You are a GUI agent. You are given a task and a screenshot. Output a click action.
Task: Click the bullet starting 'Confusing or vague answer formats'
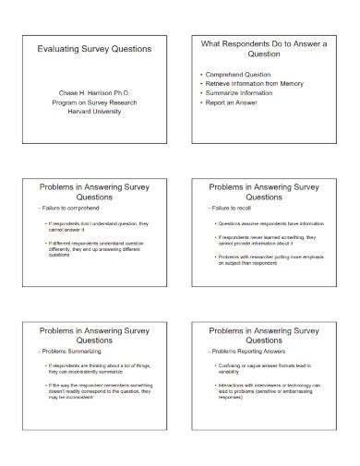266,370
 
